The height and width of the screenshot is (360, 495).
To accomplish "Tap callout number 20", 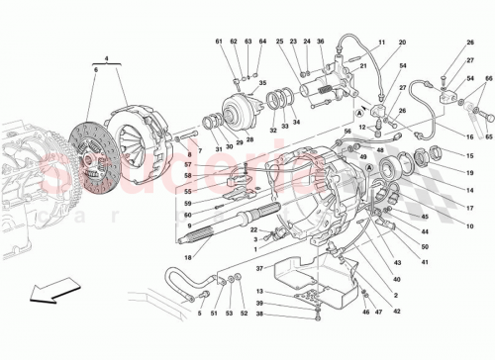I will [403, 44].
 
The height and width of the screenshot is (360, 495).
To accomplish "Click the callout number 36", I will [321, 42].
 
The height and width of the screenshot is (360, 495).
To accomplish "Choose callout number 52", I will [245, 314].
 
